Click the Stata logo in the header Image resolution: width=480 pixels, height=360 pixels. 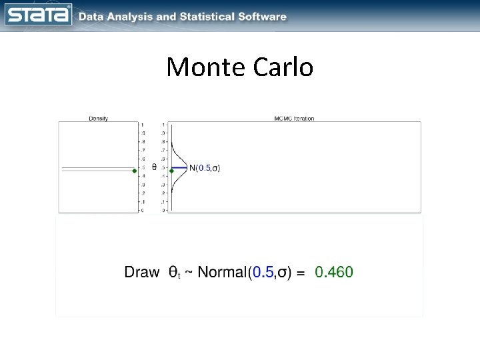click(38, 15)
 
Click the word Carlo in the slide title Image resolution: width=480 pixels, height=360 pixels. click(283, 67)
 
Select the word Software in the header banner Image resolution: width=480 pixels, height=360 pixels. click(263, 17)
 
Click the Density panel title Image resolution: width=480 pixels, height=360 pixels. click(99, 119)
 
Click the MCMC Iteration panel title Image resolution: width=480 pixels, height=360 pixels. click(294, 119)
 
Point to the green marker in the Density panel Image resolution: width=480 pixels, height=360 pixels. click(135, 171)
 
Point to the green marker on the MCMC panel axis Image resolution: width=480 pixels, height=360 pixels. click(171, 171)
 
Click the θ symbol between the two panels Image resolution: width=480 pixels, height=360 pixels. click(155, 167)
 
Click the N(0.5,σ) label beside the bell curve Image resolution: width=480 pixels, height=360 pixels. click(205, 168)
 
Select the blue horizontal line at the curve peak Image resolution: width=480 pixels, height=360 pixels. click(179, 167)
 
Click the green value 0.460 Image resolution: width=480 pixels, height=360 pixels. click(334, 272)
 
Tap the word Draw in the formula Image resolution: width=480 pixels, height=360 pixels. click(142, 272)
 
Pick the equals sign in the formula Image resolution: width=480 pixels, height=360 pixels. click(301, 273)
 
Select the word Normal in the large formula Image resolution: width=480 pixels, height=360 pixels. click(222, 272)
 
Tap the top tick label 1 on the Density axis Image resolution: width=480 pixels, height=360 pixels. click(141, 125)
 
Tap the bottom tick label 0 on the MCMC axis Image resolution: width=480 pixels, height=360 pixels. click(163, 211)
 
